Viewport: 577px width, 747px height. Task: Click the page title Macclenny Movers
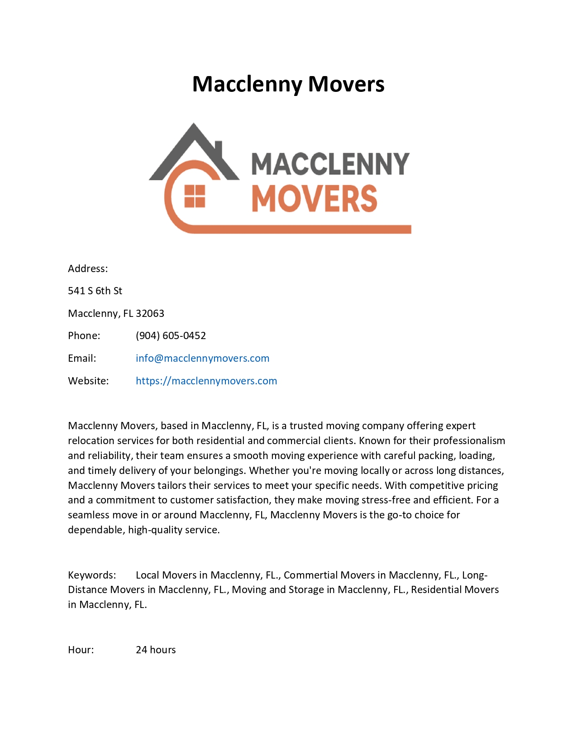[x=288, y=84]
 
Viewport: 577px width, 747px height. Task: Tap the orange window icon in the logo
[x=195, y=196]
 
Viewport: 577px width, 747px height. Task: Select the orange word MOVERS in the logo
[x=314, y=199]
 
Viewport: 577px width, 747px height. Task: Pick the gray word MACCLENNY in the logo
[x=330, y=164]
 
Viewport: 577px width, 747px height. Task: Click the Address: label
[x=88, y=268]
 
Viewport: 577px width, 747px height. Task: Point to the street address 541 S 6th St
[x=95, y=291]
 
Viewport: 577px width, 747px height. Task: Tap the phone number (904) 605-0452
[x=171, y=336]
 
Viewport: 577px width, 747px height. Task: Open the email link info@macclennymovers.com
[x=202, y=359]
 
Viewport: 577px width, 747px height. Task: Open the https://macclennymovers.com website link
[x=206, y=381]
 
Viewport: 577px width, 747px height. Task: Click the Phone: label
[x=84, y=336]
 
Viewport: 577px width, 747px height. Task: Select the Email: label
[x=82, y=359]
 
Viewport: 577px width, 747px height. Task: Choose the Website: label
[x=88, y=381]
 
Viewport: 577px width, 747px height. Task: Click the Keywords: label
[x=92, y=575]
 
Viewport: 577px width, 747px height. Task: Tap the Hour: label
[x=81, y=650]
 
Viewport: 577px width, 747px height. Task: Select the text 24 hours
[x=156, y=650]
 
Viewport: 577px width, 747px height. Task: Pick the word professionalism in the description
[x=469, y=441]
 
